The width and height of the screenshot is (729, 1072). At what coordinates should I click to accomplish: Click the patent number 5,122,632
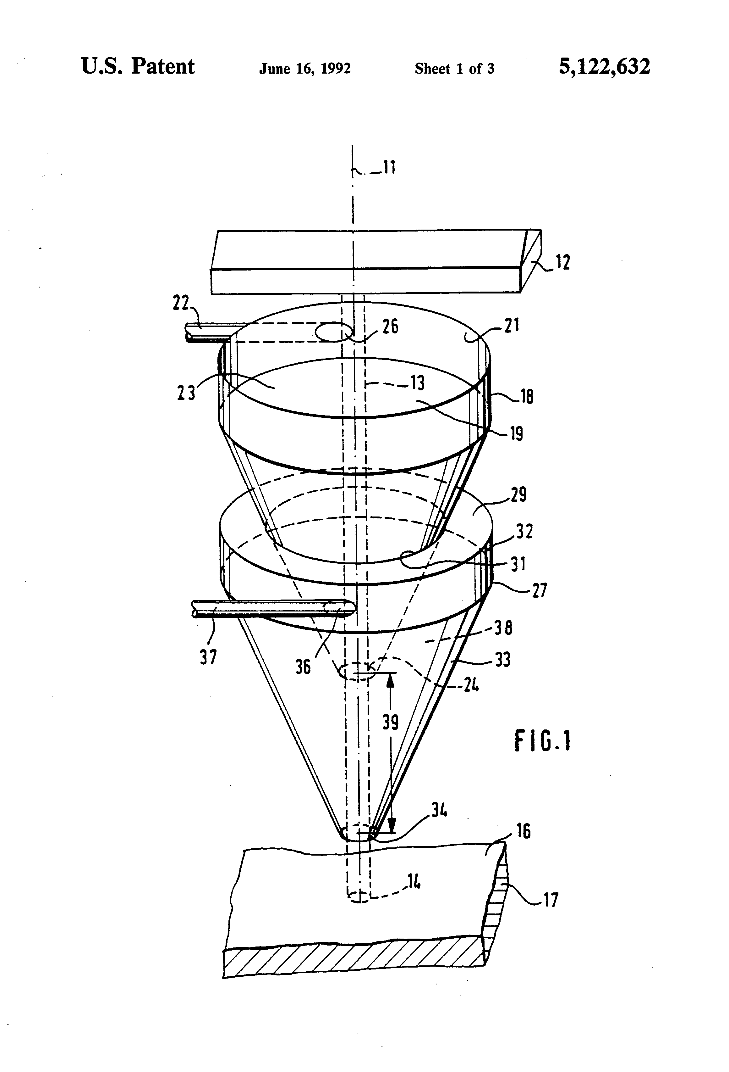604,67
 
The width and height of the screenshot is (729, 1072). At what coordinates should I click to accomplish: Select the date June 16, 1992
304,69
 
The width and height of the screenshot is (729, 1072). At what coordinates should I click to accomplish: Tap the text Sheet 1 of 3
454,69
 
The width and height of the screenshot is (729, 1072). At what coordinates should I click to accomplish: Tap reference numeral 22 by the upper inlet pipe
181,304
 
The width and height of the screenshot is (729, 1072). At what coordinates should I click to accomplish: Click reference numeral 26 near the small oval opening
390,327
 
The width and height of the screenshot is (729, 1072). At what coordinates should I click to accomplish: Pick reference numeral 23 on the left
186,393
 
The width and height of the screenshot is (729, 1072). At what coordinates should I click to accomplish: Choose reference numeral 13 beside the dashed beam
418,382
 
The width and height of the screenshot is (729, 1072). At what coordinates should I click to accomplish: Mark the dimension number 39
390,722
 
